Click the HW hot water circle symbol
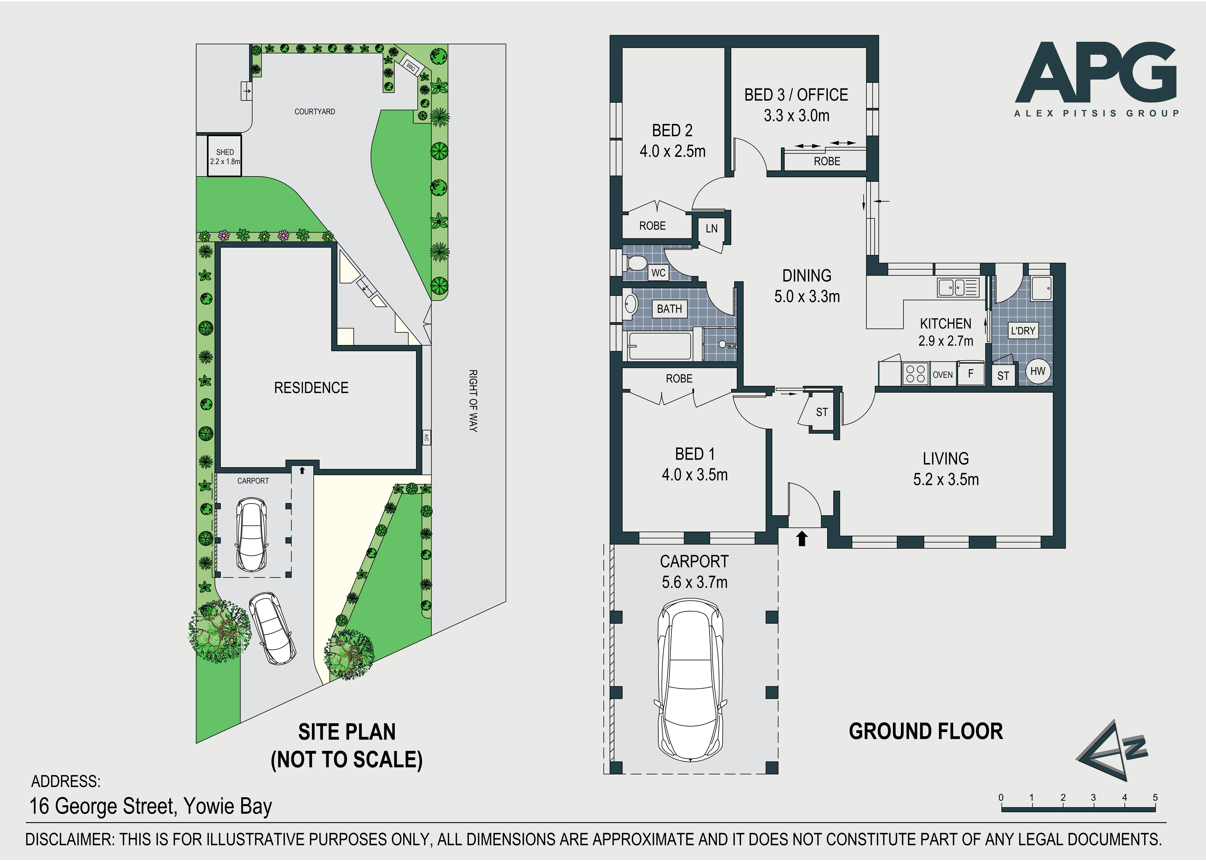pyautogui.click(x=1037, y=371)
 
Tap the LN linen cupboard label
pyautogui.click(x=711, y=229)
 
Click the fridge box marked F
pyautogui.click(x=971, y=373)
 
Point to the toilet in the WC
pyautogui.click(x=635, y=262)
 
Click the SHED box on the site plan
pyautogui.click(x=224, y=156)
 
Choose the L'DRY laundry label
pyautogui.click(x=1023, y=331)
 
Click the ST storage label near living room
pyautogui.click(x=822, y=412)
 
